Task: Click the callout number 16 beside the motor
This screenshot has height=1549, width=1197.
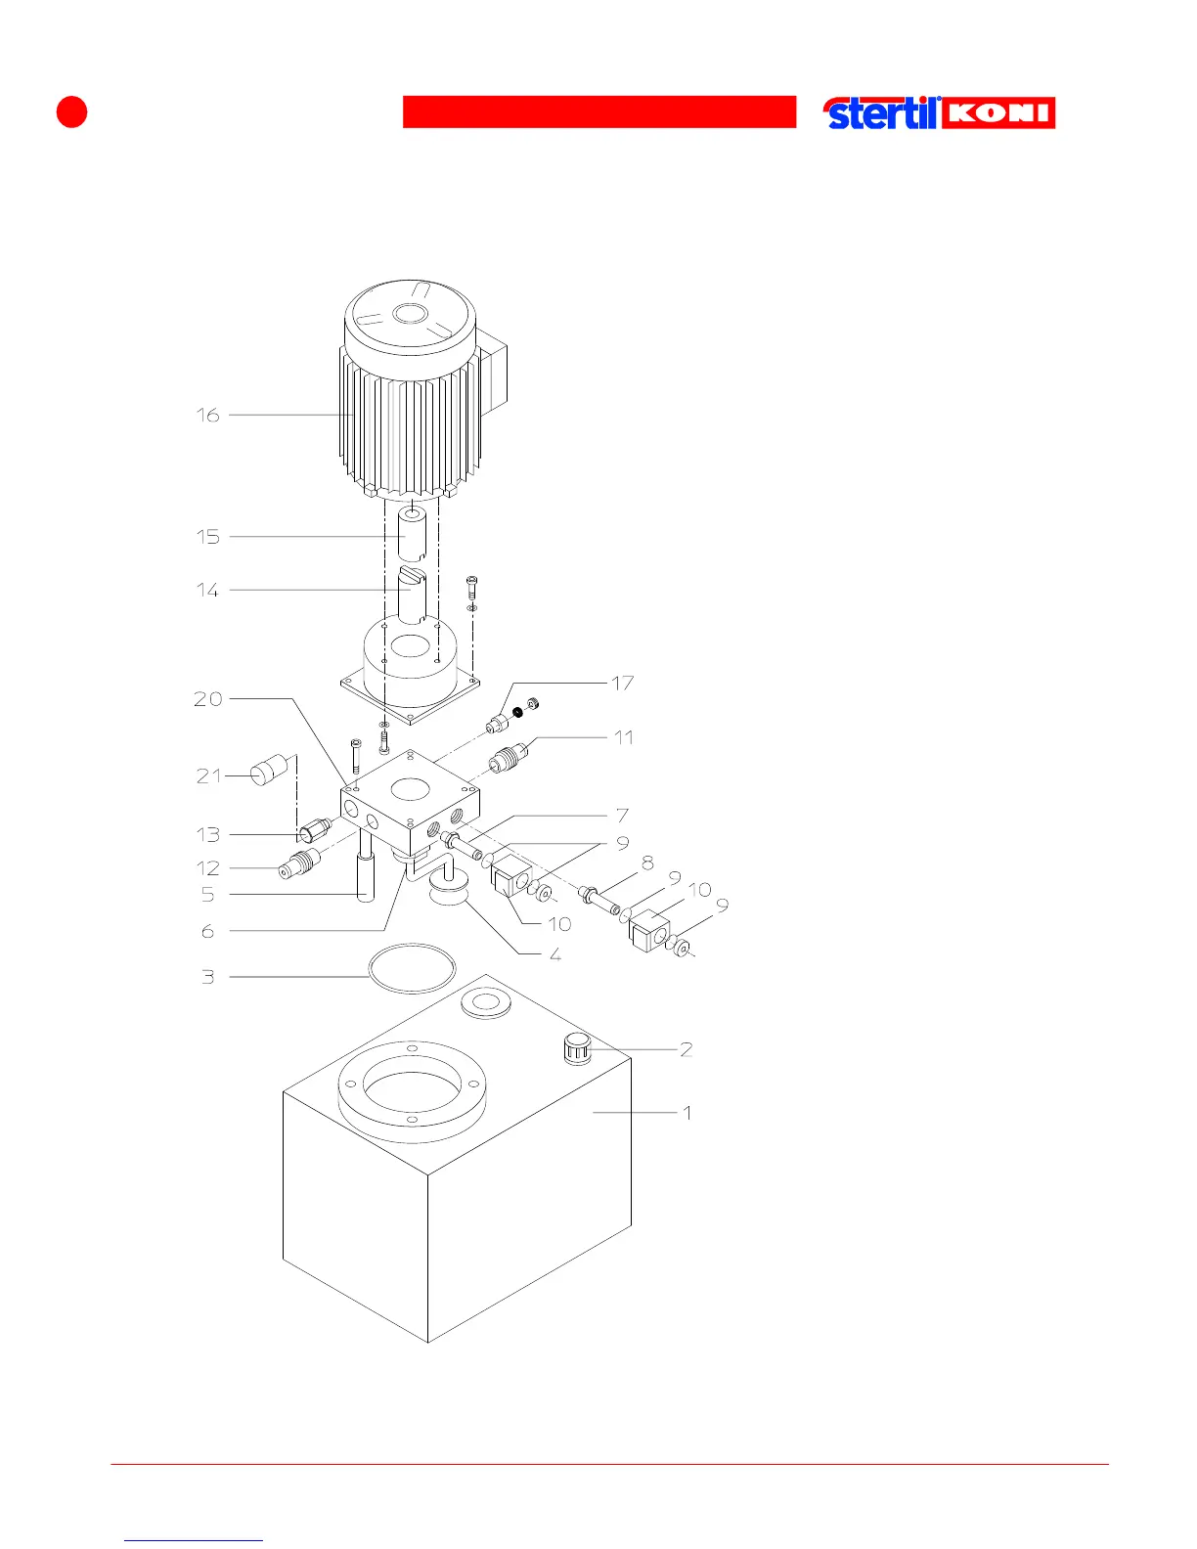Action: [207, 415]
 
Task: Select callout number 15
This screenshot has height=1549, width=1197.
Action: [207, 536]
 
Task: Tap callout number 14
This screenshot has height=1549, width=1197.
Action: [207, 590]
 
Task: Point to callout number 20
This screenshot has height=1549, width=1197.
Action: [207, 698]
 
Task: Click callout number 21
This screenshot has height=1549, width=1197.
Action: [208, 775]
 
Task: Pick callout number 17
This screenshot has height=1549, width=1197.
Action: [623, 683]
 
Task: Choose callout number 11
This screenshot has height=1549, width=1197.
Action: [624, 736]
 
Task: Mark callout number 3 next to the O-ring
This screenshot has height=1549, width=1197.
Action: [207, 976]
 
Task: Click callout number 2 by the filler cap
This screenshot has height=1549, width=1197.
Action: [687, 1048]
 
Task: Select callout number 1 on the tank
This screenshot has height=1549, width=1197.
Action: [687, 1112]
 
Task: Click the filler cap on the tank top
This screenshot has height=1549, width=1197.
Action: [577, 1049]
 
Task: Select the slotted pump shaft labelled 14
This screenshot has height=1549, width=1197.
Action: [412, 593]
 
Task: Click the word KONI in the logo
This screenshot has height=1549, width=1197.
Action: [998, 112]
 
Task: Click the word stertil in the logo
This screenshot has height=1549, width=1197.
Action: [881, 113]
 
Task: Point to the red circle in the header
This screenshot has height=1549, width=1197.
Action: [71, 111]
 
